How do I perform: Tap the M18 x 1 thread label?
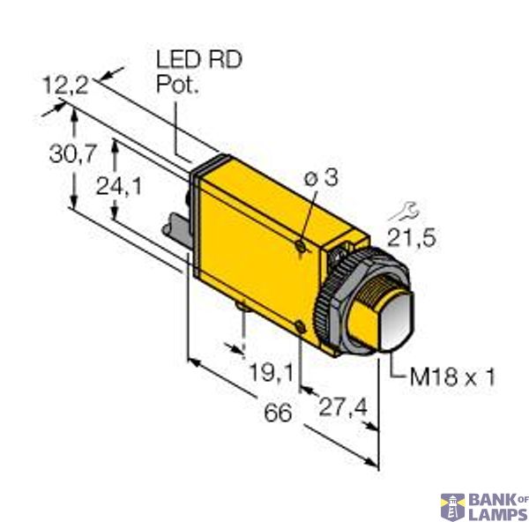click(453, 377)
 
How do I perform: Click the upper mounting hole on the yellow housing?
click(302, 248)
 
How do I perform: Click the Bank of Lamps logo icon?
click(453, 507)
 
